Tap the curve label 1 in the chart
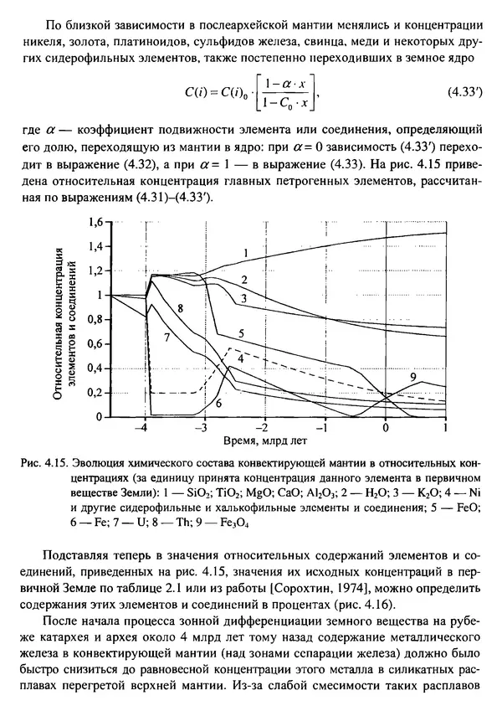[x=246, y=253]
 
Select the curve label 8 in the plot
[x=180, y=309]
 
